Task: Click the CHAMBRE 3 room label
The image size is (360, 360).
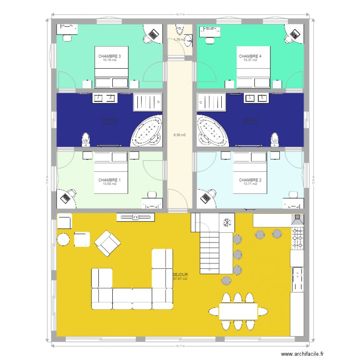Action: [x=109, y=56]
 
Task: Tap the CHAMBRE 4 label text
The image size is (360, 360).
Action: [x=250, y=56]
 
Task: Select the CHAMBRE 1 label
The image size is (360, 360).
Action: [x=109, y=180]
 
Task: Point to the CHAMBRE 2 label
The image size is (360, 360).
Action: [x=250, y=180]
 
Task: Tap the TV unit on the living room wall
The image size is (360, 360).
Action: [x=136, y=217]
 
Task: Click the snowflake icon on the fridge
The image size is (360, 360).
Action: [x=227, y=222]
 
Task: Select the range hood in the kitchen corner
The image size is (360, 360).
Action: [x=297, y=219]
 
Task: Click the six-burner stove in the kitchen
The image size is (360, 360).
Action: [x=298, y=239]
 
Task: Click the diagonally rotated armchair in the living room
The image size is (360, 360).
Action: [x=107, y=243]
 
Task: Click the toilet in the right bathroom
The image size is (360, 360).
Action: [x=274, y=139]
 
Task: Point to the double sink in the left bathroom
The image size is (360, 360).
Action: [x=105, y=98]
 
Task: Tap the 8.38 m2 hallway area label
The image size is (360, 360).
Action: [x=180, y=135]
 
